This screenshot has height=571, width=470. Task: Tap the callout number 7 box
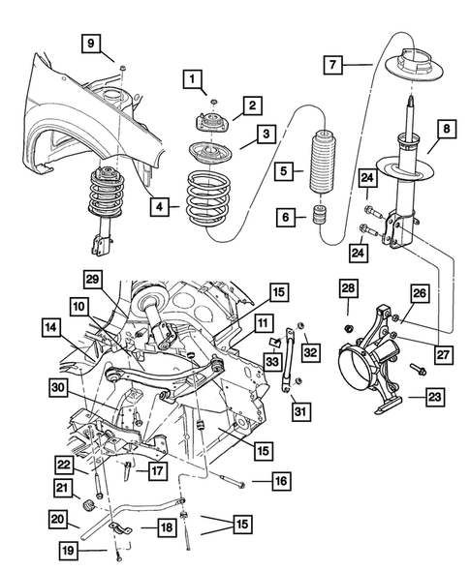click(332, 66)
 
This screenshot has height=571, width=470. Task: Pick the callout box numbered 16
click(280, 479)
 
